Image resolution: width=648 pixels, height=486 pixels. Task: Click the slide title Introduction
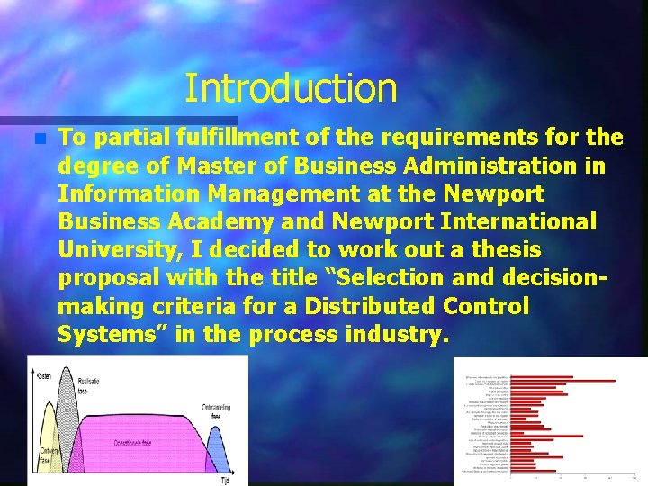[x=291, y=88]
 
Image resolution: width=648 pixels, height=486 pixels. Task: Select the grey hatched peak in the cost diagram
[x=66, y=396]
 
